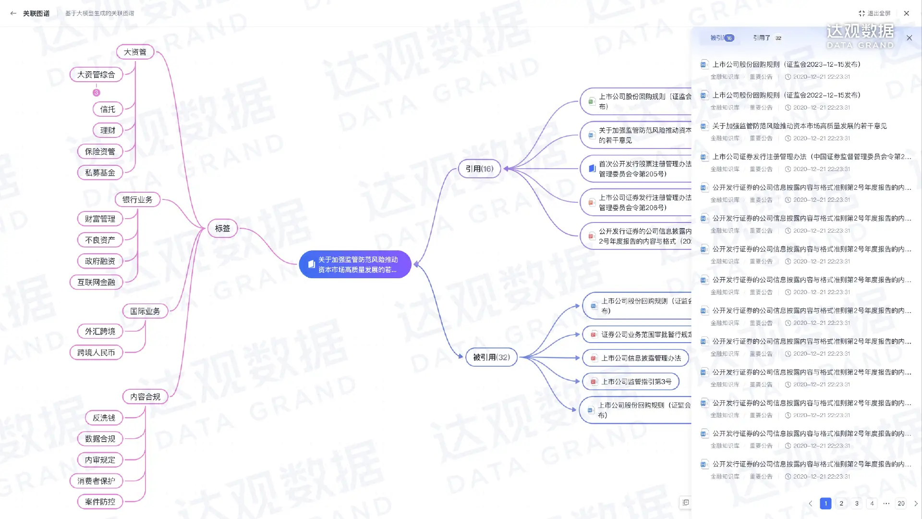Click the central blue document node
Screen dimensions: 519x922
[x=355, y=264]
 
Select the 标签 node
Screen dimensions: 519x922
[x=222, y=228]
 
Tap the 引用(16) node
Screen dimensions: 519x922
[x=479, y=169]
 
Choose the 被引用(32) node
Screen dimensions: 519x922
[x=491, y=357]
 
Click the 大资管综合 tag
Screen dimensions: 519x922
[x=96, y=74]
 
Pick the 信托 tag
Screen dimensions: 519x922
[x=108, y=109]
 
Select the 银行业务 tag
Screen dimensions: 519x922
[x=137, y=199]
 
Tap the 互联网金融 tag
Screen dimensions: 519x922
[x=96, y=282]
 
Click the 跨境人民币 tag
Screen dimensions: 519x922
[x=96, y=352]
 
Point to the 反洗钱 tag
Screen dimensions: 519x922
[x=104, y=418]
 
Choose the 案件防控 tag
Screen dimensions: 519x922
[x=100, y=502]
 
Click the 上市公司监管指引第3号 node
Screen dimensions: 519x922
[x=631, y=382]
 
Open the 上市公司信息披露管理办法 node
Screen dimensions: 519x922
[x=635, y=358]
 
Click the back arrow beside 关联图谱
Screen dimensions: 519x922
[x=13, y=13]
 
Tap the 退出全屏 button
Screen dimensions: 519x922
[x=874, y=13]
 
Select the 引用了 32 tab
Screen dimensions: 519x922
[x=767, y=38]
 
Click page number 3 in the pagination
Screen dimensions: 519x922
[x=857, y=503]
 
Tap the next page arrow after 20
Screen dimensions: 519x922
[x=916, y=503]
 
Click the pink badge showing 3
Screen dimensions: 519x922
[x=97, y=93]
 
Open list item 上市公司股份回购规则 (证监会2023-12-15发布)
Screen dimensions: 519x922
[x=786, y=64]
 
